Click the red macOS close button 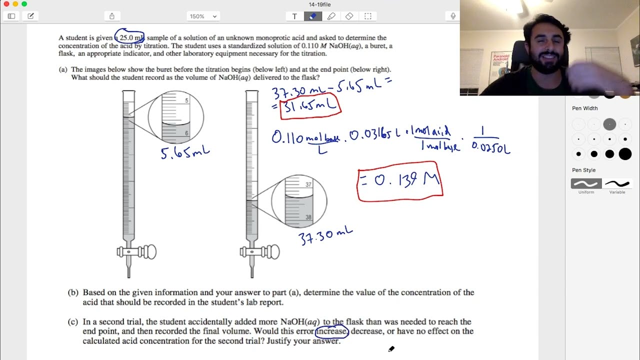pyautogui.click(x=6, y=4)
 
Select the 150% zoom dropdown pyautogui.click(x=203, y=16)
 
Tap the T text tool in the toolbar pyautogui.click(x=294, y=16)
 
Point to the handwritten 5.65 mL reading pyautogui.click(x=184, y=152)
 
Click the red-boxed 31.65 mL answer pyautogui.click(x=310, y=106)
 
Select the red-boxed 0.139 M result pyautogui.click(x=400, y=181)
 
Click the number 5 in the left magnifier pyautogui.click(x=186, y=101)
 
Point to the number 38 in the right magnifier pyautogui.click(x=308, y=217)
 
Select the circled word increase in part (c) pyautogui.click(x=331, y=331)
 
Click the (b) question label pyautogui.click(x=73, y=292)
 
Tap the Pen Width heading pyautogui.click(x=584, y=108)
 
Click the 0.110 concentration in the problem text pyautogui.click(x=310, y=46)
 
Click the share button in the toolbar pyautogui.click(x=112, y=16)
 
